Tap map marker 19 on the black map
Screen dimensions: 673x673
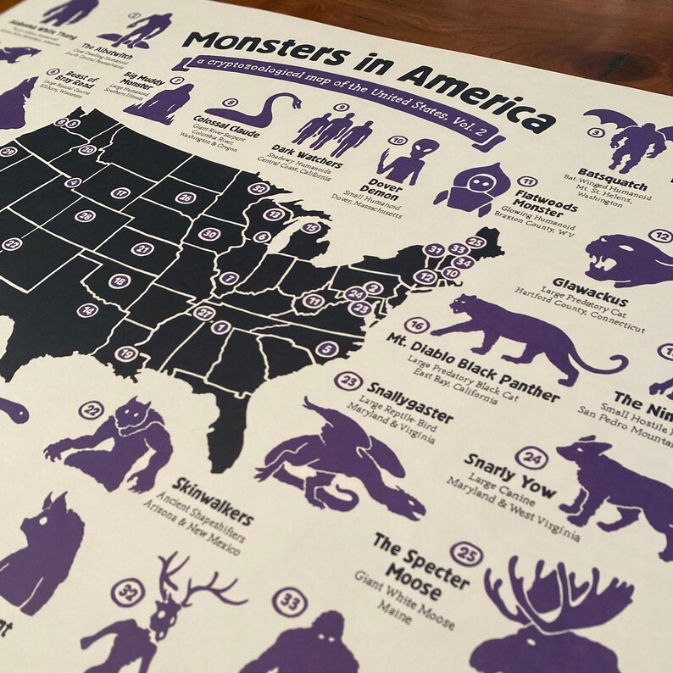pyautogui.click(x=128, y=353)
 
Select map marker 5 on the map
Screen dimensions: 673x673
pyautogui.click(x=326, y=348)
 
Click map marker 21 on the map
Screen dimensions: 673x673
pyautogui.click(x=142, y=248)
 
